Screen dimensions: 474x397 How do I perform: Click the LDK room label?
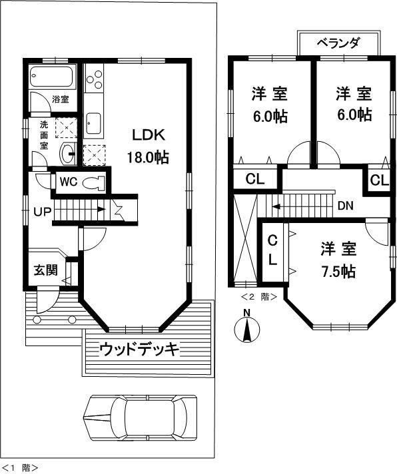(x=148, y=135)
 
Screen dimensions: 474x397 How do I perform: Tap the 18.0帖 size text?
(x=148, y=158)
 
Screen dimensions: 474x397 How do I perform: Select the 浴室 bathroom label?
(x=61, y=99)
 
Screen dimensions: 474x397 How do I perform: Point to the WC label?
(x=69, y=181)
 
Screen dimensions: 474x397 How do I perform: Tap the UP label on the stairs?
(x=41, y=213)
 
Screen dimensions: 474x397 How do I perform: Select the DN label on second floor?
(x=345, y=205)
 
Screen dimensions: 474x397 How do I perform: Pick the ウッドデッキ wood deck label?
(x=141, y=348)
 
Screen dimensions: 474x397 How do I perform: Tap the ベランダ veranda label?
(x=338, y=43)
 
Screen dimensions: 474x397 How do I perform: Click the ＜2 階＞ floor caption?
(x=258, y=297)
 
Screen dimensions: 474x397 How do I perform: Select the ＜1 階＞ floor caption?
(x=20, y=467)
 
